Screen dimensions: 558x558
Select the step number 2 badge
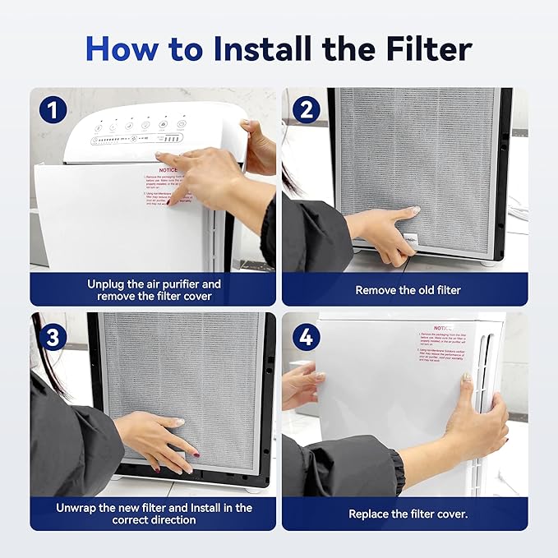click(305, 110)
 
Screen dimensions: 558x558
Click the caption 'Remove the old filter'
click(408, 290)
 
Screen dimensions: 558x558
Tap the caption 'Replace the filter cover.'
click(408, 514)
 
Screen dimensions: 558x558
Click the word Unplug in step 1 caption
click(109, 284)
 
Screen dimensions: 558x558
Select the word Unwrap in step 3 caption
click(80, 507)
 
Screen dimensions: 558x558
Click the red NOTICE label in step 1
click(168, 169)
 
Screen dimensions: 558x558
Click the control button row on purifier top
click(136, 126)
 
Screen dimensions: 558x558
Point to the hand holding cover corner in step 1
click(258, 144)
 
